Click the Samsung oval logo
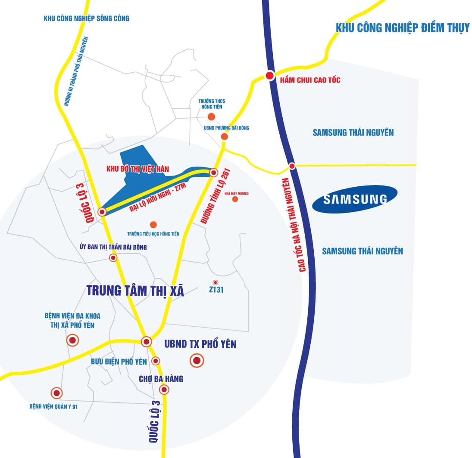[x=355, y=199]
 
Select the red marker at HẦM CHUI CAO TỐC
[x=270, y=76]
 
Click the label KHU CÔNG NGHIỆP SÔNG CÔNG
[x=86, y=19]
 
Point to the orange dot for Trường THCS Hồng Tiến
[x=211, y=117]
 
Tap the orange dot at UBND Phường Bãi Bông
[x=224, y=136]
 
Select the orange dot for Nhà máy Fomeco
[x=235, y=199]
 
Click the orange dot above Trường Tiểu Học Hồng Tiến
[x=153, y=224]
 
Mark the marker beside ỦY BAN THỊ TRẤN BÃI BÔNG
[x=113, y=258]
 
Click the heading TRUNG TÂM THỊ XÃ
[x=135, y=291]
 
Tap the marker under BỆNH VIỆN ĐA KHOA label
[x=72, y=340]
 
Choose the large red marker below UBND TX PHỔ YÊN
[x=197, y=361]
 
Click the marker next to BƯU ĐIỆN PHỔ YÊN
[x=156, y=361]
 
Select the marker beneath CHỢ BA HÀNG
[x=164, y=390]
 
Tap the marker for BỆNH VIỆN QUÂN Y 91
[x=56, y=393]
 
